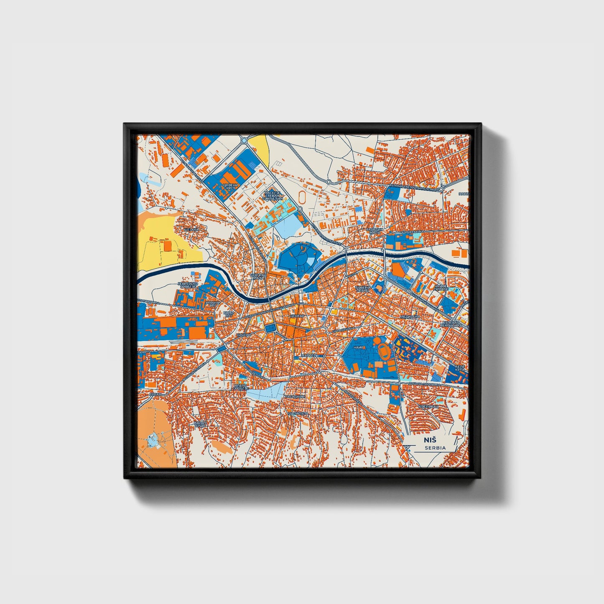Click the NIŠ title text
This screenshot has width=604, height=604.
click(x=430, y=440)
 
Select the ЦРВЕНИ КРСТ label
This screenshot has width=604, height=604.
click(x=231, y=186)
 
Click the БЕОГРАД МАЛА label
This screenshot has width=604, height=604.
click(x=258, y=277)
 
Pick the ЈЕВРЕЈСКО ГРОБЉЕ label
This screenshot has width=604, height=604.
click(x=187, y=285)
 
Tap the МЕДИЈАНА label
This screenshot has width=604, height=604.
click(x=409, y=317)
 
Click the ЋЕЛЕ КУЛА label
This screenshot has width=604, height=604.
click(x=460, y=368)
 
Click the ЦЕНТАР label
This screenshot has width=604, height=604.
click(x=297, y=316)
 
